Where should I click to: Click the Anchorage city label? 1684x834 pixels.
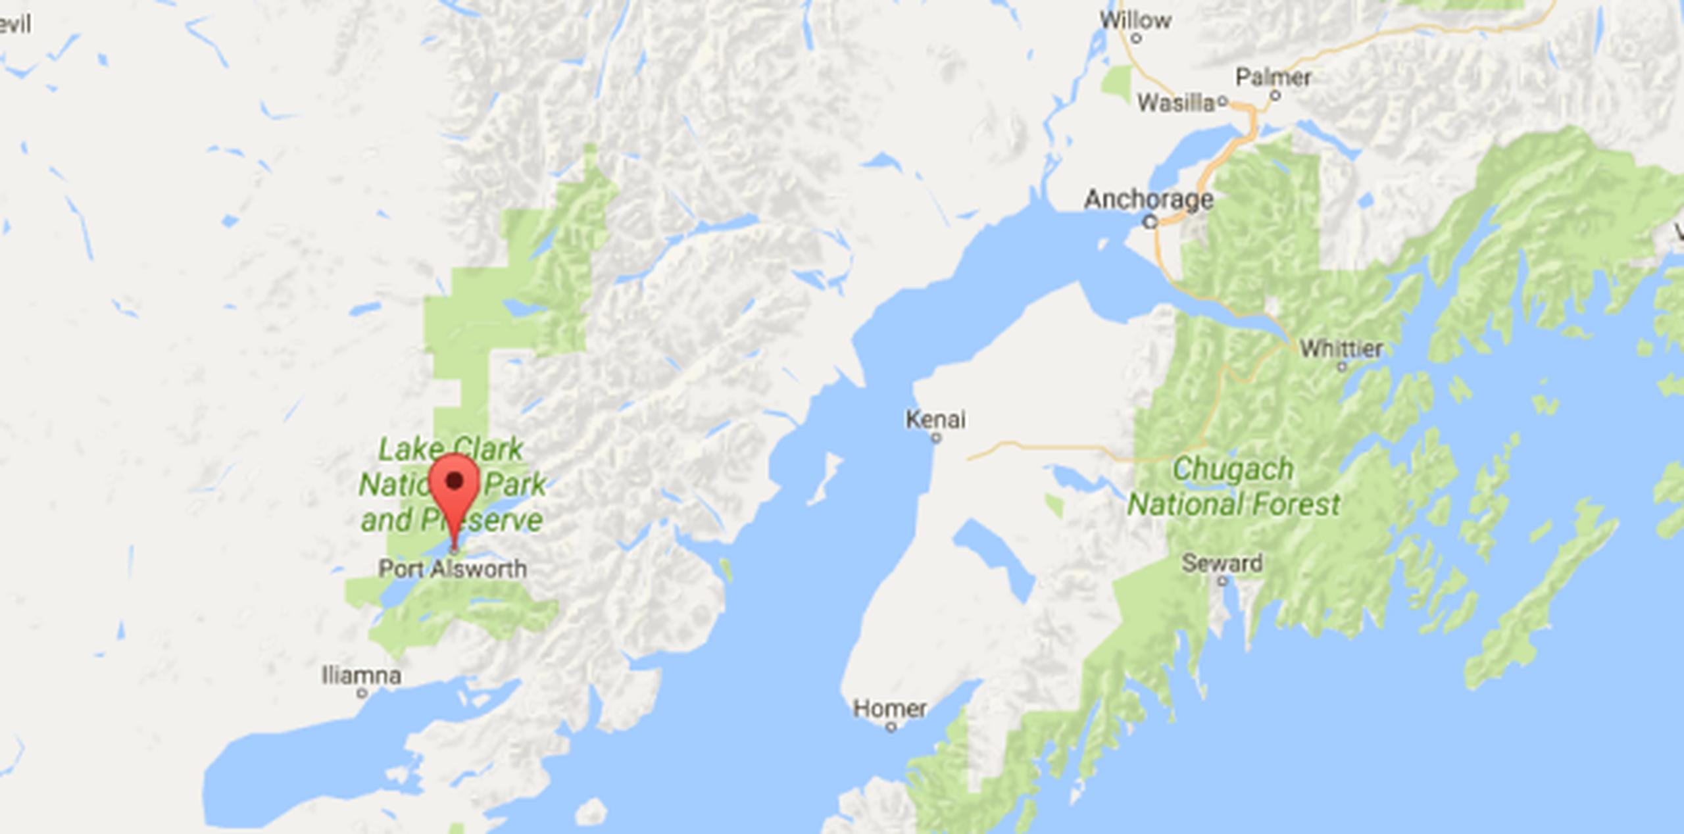pos(1148,199)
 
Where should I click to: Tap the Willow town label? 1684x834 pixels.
pos(1135,20)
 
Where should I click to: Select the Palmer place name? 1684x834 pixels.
pos(1273,77)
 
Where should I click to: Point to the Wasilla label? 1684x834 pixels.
pos(1176,102)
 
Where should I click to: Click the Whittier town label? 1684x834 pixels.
pos(1341,349)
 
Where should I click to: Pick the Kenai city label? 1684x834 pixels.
pos(935,419)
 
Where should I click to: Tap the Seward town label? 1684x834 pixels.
pos(1222,563)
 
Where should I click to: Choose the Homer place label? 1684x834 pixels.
pos(889,708)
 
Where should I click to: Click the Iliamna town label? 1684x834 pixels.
pos(361,675)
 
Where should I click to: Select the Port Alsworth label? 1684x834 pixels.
pos(453,569)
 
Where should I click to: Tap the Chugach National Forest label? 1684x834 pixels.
pos(1233,487)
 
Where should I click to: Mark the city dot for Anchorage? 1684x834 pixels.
pos(1150,222)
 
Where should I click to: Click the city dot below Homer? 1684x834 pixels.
pos(891,727)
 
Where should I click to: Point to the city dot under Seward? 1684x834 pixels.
pos(1222,581)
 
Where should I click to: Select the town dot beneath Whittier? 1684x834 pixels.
pos(1342,367)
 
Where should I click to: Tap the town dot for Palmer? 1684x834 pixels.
pos(1275,95)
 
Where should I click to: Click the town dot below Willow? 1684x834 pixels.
pos(1135,39)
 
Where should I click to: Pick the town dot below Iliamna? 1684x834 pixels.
pos(361,693)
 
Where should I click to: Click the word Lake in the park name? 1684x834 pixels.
pos(403,451)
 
